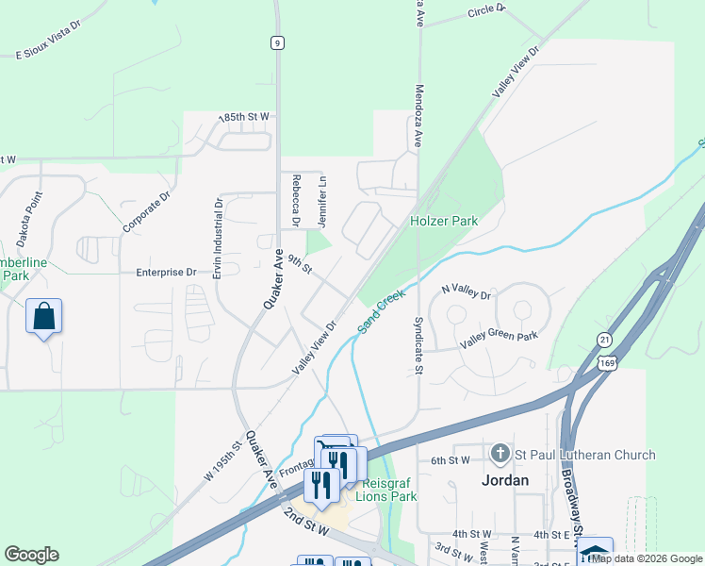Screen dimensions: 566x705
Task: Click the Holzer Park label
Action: click(444, 221)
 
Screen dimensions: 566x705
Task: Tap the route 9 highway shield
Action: click(276, 42)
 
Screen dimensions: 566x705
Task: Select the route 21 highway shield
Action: click(603, 339)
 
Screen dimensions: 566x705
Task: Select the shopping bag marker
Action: click(44, 317)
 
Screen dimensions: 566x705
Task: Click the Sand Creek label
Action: click(381, 312)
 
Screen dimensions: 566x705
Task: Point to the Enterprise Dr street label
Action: click(166, 272)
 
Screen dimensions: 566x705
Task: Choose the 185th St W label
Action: click(243, 117)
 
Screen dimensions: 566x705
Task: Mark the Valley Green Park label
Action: click(499, 336)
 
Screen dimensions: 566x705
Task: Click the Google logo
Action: click(31, 555)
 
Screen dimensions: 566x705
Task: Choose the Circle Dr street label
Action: click(486, 10)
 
